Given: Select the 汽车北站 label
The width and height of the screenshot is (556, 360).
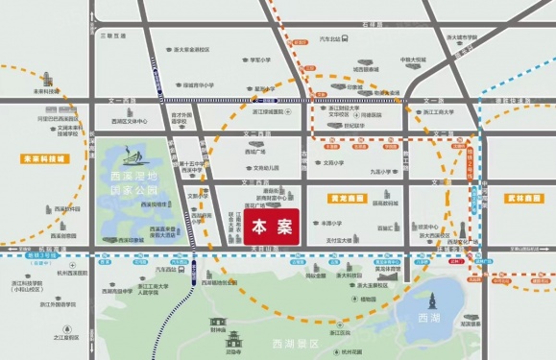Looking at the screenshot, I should (x=329, y=39).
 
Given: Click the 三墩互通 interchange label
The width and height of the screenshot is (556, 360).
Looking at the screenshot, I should (x=112, y=36).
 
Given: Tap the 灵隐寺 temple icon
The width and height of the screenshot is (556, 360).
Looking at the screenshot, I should (x=232, y=339).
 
